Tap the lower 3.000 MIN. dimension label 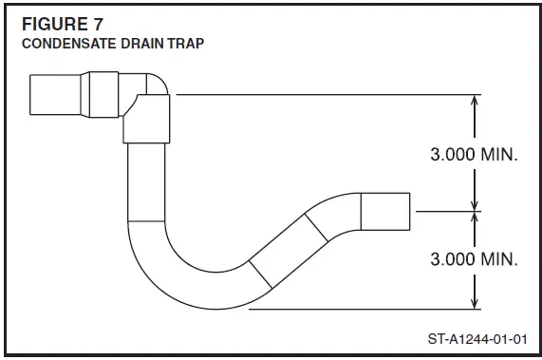(x=475, y=258)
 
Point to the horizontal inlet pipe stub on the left (x=56, y=94)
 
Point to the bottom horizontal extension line (x=361, y=308)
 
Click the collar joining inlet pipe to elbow (x=103, y=93)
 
